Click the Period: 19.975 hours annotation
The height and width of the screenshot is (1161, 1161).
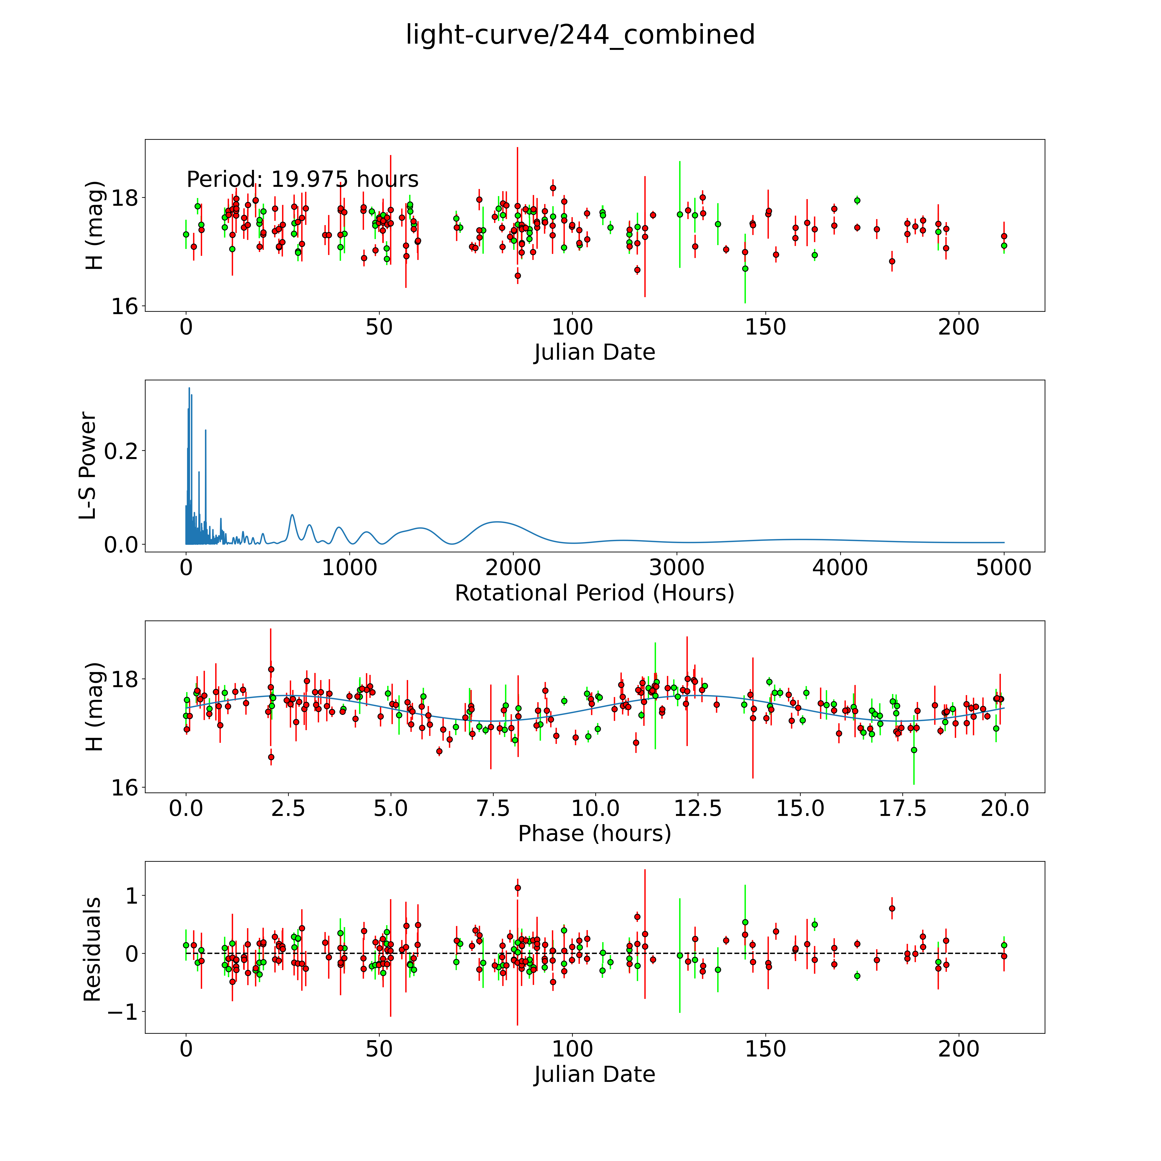tap(302, 179)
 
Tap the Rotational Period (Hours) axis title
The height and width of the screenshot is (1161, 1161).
tap(594, 593)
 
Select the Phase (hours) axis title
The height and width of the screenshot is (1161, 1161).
tap(594, 834)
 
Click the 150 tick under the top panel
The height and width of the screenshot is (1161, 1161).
tap(765, 327)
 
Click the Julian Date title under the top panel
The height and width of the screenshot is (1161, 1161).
tap(594, 352)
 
